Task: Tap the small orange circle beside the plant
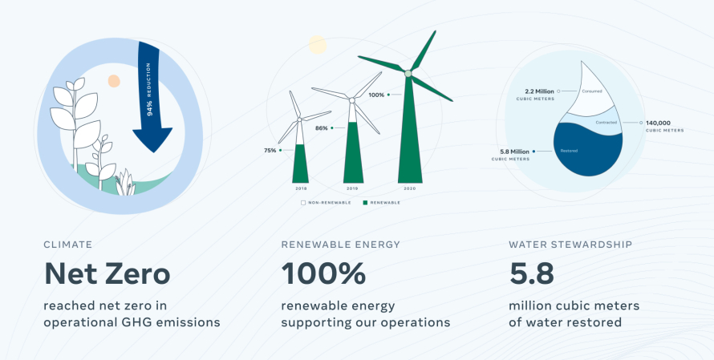point(114,81)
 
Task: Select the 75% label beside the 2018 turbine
point(270,150)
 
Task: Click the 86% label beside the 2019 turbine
point(322,128)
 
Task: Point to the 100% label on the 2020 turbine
point(376,95)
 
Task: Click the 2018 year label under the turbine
point(301,188)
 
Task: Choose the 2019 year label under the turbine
point(352,188)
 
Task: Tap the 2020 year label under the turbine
point(410,188)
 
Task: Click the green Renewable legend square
point(365,203)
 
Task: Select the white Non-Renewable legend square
point(303,203)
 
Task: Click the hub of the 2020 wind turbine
point(408,73)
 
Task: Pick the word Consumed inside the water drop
point(592,91)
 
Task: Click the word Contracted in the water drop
point(606,123)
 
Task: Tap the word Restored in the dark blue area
point(570,151)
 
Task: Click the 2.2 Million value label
point(540,91)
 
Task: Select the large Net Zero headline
point(107,273)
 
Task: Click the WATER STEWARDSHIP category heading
point(570,245)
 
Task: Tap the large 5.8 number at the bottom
point(531,273)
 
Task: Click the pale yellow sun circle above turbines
point(318,45)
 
